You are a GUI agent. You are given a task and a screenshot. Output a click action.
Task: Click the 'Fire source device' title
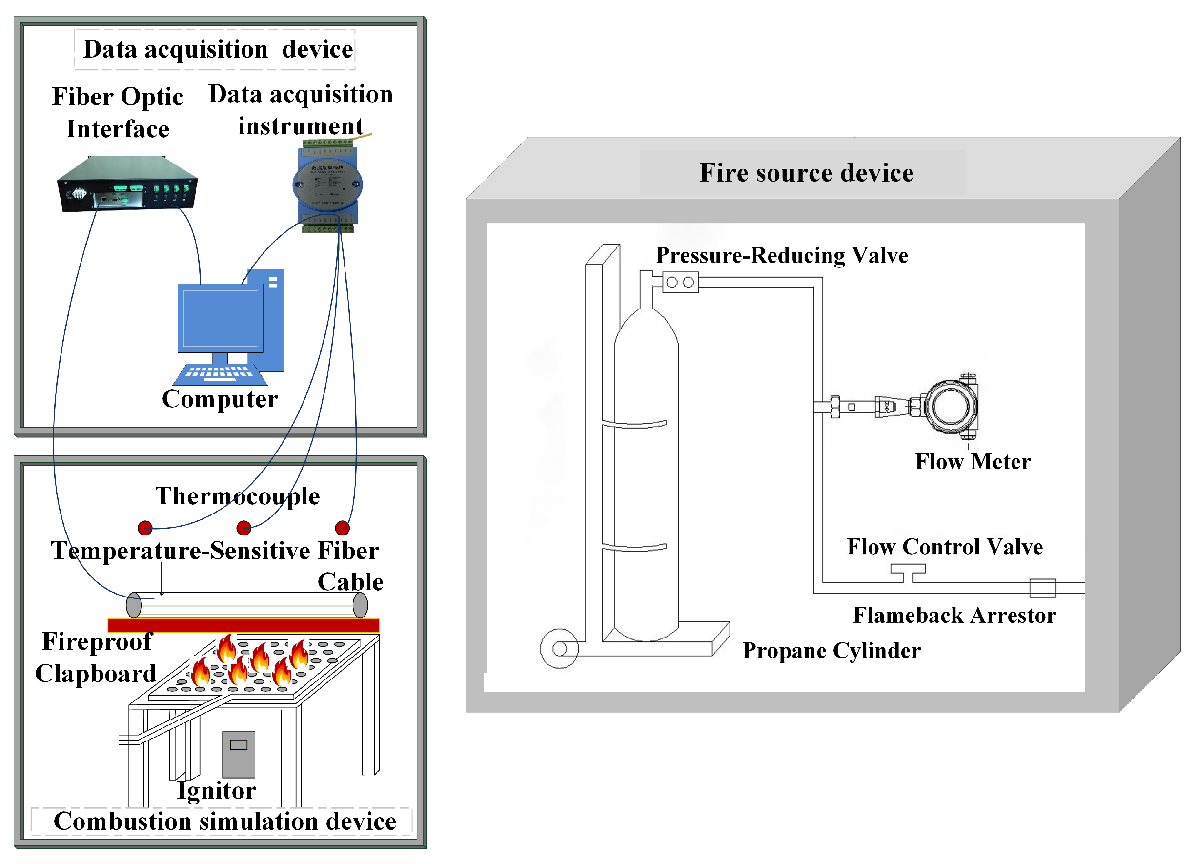(806, 173)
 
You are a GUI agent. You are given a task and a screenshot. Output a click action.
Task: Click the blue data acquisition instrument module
(327, 185)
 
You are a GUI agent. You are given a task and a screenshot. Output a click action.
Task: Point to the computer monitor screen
(220, 318)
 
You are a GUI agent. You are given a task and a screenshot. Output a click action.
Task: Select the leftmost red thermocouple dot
(145, 528)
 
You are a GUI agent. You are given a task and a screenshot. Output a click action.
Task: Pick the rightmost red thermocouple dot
(342, 528)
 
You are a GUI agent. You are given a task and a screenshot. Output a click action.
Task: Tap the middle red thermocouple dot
(243, 528)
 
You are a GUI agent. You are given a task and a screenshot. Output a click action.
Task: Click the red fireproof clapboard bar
(243, 625)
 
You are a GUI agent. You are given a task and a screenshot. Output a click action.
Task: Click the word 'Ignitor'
(216, 791)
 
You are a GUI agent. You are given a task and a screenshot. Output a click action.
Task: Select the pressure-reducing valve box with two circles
(680, 282)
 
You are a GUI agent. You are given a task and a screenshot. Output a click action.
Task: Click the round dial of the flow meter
(950, 407)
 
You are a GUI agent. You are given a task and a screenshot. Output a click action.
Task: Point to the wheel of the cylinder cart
(560, 648)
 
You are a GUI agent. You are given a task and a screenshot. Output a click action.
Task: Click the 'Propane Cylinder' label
(831, 650)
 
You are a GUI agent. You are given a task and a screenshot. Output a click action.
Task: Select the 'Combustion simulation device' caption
(224, 821)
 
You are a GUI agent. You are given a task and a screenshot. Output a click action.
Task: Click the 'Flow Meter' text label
(973, 462)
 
